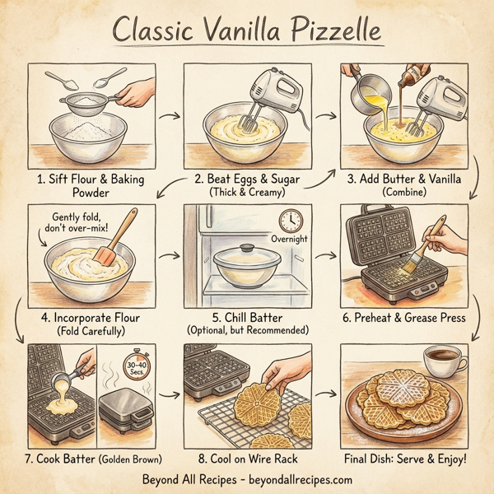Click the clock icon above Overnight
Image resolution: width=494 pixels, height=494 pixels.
[x=290, y=220]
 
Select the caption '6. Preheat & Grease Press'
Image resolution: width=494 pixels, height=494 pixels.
[x=409, y=317]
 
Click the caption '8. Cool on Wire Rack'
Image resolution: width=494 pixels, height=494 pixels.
[x=246, y=457]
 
